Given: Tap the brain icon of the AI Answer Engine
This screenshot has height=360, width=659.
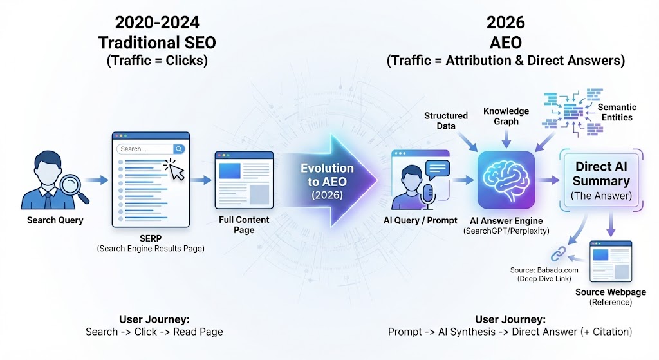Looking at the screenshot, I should coord(506,181).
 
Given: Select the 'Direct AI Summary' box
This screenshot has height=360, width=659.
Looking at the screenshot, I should coord(601,180).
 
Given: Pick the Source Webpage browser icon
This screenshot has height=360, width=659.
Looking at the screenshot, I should coord(611,261).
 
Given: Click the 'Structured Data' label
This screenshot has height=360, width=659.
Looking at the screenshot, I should coord(445,120).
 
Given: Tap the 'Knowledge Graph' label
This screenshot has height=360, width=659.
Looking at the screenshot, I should coord(506,116).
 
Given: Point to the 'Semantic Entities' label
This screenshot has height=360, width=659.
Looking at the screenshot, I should coord(617,112).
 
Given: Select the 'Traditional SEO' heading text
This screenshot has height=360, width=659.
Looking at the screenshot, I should coord(156,43).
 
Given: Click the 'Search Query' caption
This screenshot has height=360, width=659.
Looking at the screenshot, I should coord(55,220).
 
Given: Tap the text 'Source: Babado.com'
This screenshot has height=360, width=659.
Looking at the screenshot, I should coord(541,269).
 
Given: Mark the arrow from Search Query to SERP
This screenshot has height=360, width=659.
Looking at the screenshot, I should coord(97,182).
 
